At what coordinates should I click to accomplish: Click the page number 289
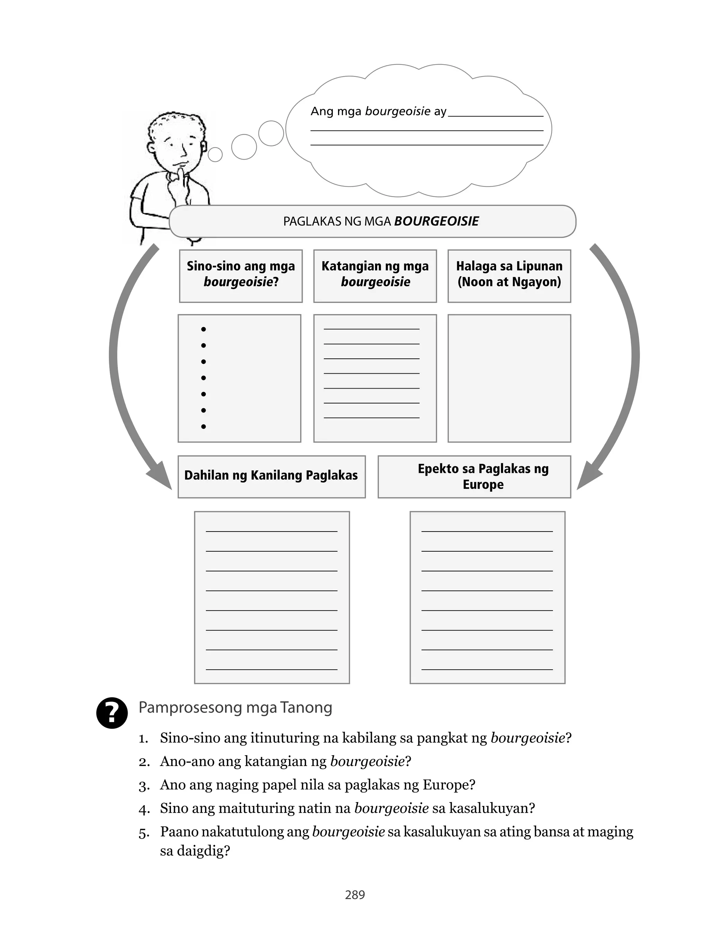tap(355, 894)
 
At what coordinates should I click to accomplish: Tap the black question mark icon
tap(112, 713)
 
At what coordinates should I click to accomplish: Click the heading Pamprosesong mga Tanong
tap(235, 707)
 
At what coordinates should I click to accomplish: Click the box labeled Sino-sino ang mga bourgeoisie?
tap(241, 276)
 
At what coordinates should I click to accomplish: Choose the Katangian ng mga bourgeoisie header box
tap(375, 276)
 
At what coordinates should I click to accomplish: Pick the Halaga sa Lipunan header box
tap(509, 276)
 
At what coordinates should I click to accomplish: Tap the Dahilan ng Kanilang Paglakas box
tap(271, 476)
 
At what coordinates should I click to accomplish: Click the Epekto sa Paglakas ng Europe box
tap(474, 476)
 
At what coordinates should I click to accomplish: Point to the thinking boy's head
tap(177, 139)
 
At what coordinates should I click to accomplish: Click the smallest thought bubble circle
tap(215, 154)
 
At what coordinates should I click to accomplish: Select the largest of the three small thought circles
tap(271, 133)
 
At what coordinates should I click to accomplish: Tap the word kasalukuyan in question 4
tap(492, 808)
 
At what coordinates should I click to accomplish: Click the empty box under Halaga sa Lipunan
tap(509, 378)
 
